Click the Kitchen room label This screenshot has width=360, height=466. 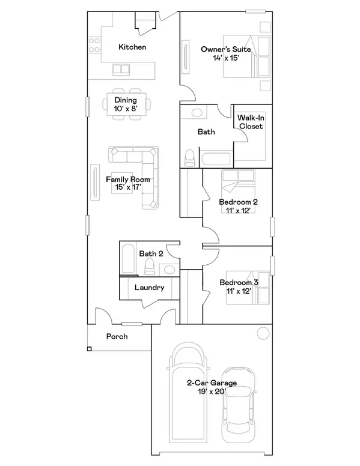pos(132,47)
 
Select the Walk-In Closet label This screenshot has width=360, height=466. pos(251,122)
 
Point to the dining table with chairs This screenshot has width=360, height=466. pos(126,104)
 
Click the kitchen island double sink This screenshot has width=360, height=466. pos(122,70)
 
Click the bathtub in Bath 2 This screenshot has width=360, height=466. pos(128,259)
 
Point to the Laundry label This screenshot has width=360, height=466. pos(149,288)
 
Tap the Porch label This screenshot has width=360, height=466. pos(117,336)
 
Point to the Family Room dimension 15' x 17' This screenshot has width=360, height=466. pos(127,187)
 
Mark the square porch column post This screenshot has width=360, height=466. pos(89,349)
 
